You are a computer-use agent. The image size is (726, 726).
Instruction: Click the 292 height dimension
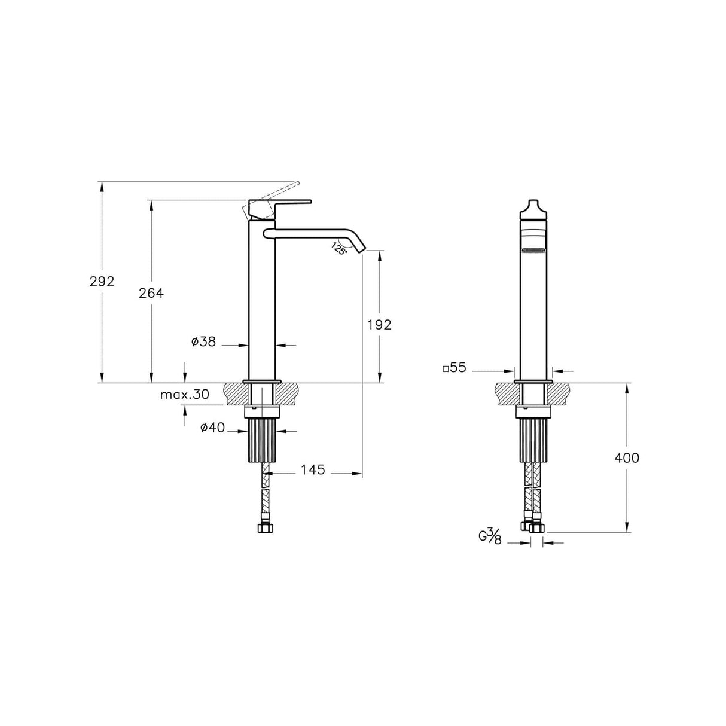coord(102,282)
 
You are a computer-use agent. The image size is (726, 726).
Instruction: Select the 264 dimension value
coord(151,293)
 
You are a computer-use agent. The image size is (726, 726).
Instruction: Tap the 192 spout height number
coord(379,325)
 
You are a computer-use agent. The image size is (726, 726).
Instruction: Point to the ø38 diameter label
coord(203,342)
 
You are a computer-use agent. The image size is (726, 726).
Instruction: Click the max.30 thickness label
coord(185,395)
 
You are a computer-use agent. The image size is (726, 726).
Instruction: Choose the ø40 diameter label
coord(212,428)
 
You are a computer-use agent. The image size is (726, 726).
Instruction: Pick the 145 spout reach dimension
coord(313,470)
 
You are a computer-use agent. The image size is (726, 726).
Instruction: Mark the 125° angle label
coord(339,248)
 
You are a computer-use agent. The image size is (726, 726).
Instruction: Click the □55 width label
coord(454,368)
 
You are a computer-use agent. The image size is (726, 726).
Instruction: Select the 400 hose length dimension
coord(627,458)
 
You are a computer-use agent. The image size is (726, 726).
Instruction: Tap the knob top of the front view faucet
coord(533,208)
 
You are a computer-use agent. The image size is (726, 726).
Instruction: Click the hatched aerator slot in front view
coord(533,251)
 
